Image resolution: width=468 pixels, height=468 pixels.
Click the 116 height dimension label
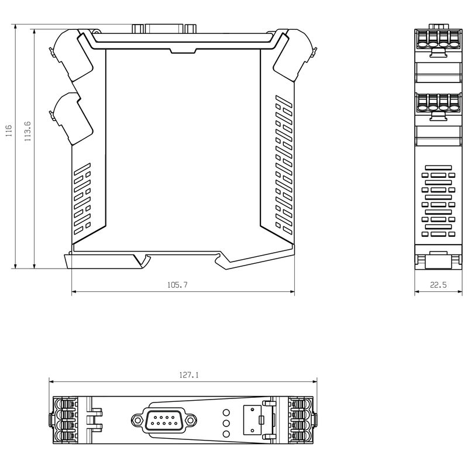click(8, 130)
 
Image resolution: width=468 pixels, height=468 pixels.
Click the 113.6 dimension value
click(27, 131)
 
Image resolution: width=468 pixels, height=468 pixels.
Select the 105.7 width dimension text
click(177, 285)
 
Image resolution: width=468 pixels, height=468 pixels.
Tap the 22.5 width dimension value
click(438, 285)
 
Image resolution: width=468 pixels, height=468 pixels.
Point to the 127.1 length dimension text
click(188, 376)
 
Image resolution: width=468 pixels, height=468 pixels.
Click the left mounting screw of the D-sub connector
click(137, 419)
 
